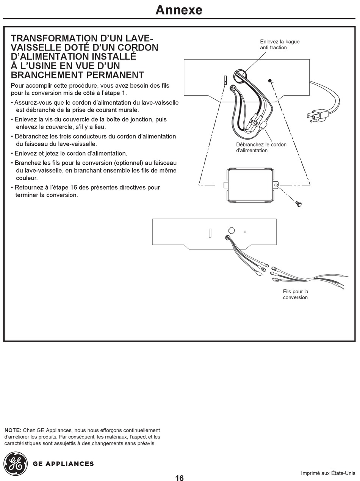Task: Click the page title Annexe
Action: pos(179,10)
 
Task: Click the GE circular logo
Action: pos(16,463)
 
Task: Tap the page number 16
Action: pos(179,478)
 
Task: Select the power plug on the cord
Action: pos(318,115)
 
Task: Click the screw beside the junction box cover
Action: pos(299,204)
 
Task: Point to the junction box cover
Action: pos(252,185)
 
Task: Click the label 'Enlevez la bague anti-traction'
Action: pos(280,44)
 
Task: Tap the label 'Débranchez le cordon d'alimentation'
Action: pos(261,147)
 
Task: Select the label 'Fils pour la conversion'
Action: pos(295,294)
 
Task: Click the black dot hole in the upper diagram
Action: pos(270,81)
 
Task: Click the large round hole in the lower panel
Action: pos(231,231)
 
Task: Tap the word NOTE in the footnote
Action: pos(13,430)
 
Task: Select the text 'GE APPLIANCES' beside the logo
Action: pos(63,464)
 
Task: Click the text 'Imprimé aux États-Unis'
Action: pos(328,473)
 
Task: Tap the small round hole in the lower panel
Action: pos(245,232)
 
